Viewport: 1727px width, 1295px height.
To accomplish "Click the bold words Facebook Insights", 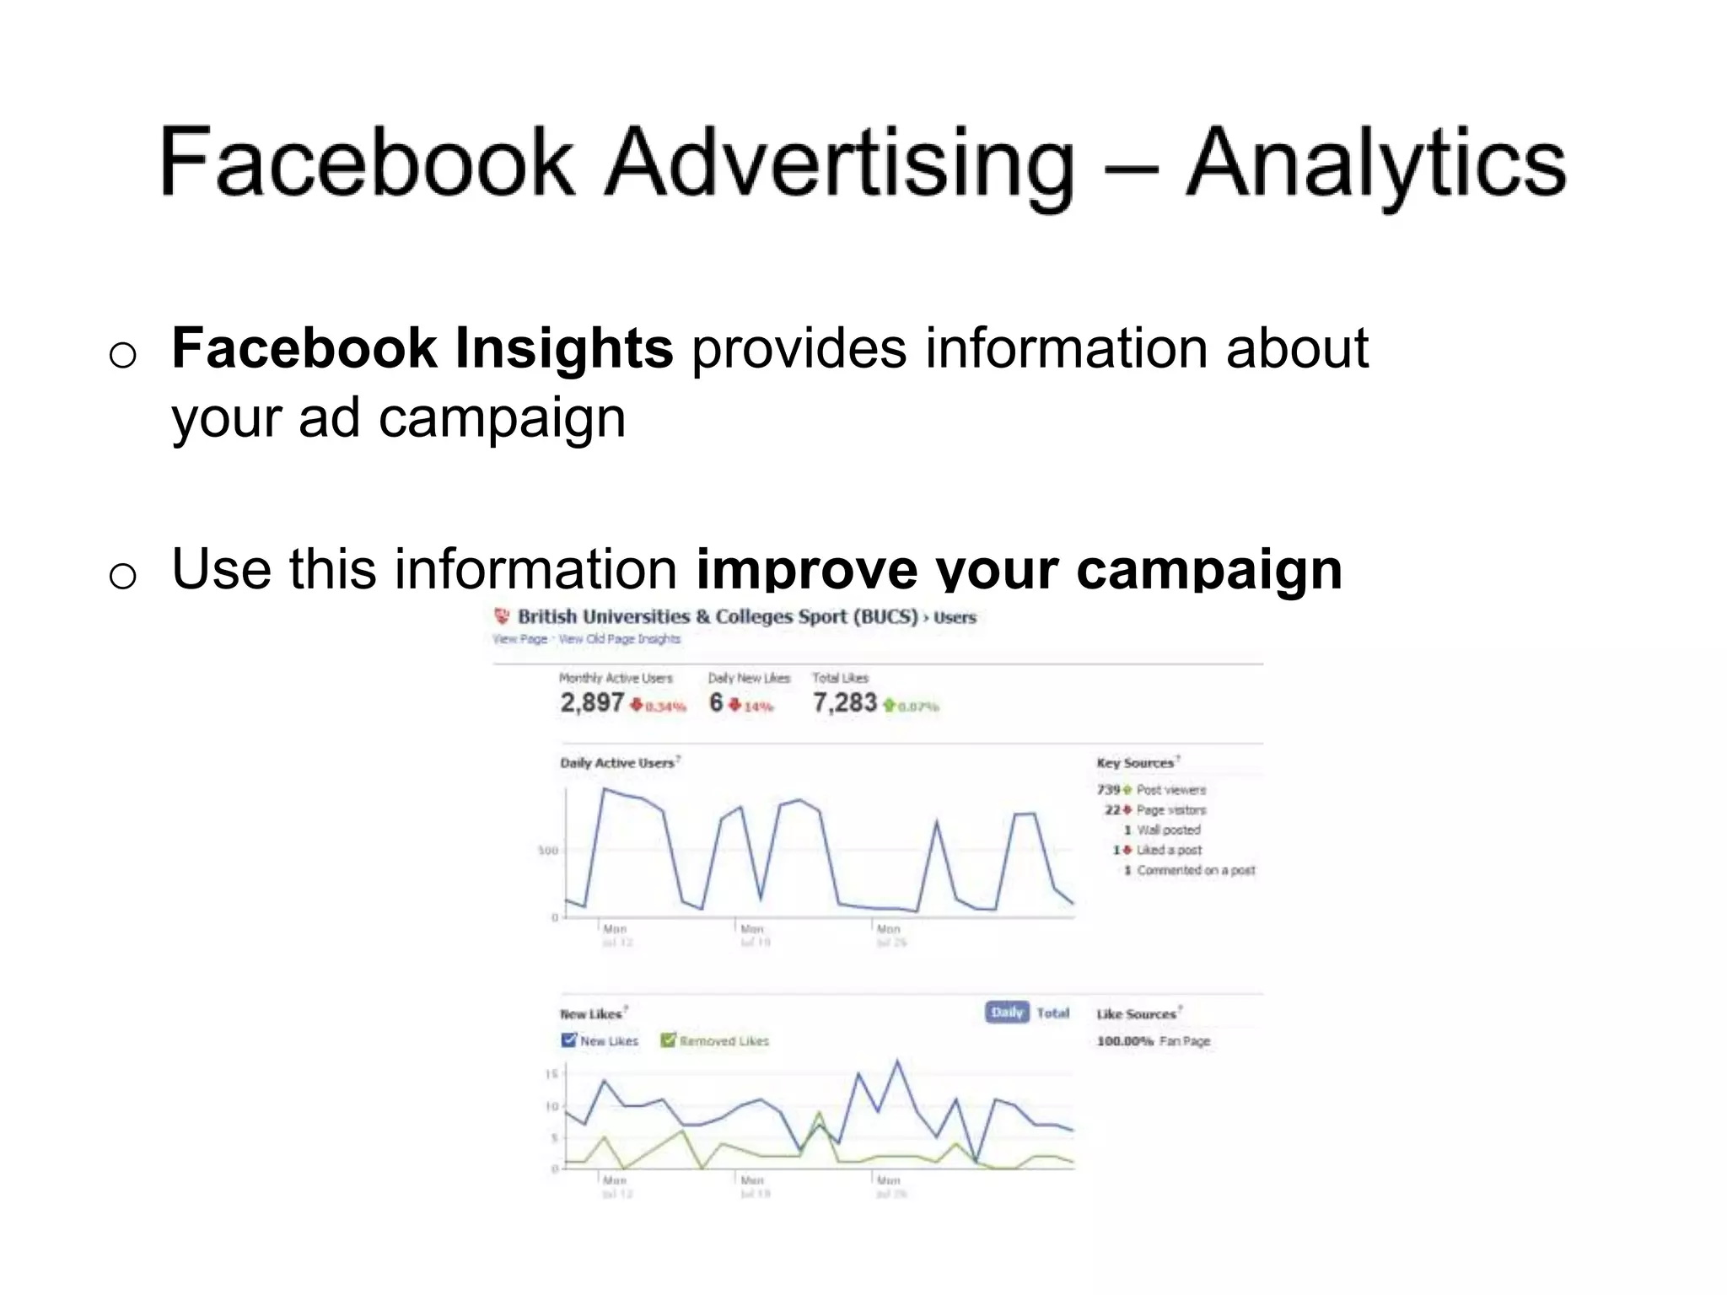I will coord(422,348).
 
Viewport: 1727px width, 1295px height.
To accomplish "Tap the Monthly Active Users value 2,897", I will coord(592,702).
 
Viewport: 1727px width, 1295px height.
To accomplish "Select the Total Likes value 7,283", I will coord(844,702).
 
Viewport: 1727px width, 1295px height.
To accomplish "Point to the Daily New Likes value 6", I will coord(716,702).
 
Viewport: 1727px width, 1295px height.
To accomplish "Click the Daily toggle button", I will coord(1007,1013).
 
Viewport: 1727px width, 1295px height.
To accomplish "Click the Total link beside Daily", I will coord(1052,1013).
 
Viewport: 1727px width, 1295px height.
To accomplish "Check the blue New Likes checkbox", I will coord(569,1040).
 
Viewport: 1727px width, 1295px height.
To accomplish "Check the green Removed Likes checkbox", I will coord(669,1040).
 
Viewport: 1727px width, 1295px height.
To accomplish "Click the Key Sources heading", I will coord(1135,763).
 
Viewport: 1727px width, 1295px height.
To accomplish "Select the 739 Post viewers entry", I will coord(1152,790).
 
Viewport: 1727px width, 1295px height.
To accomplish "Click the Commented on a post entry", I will coord(1194,870).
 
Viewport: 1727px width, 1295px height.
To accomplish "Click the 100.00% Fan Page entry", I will coord(1153,1041).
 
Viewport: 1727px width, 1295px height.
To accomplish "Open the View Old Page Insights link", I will coord(620,639).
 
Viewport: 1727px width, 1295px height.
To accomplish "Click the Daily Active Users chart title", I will coord(617,763).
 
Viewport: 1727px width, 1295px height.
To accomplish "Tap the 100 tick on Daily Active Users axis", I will coord(548,851).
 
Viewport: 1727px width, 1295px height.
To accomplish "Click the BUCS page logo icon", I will coord(503,616).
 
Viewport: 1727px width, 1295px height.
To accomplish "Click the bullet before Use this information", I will coord(123,576).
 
